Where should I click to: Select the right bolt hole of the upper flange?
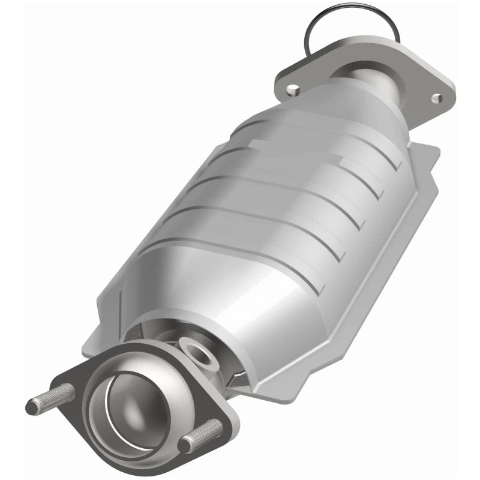tap(436, 97)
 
